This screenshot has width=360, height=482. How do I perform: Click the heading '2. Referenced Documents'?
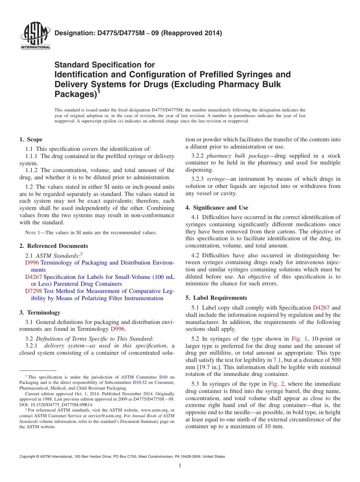click(53, 246)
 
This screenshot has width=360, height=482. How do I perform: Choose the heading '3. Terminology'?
click(40, 313)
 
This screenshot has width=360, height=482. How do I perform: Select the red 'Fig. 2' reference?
click(276, 384)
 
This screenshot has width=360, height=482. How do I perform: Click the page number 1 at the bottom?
click(180, 466)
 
